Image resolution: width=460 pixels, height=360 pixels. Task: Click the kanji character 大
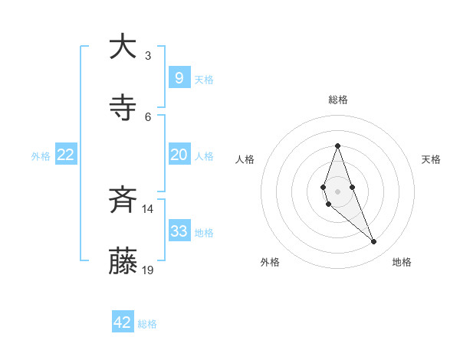(x=123, y=47)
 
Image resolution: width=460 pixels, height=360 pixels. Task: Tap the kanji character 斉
(x=123, y=201)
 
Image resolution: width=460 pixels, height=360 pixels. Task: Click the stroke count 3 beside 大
(x=147, y=56)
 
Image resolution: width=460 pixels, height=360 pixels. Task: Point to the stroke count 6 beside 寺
(x=147, y=116)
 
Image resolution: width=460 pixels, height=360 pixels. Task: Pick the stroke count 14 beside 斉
(x=147, y=209)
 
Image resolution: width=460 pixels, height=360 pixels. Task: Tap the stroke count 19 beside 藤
(x=148, y=270)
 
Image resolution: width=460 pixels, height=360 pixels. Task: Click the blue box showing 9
(x=179, y=77)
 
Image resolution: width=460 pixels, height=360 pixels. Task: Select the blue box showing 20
(x=179, y=155)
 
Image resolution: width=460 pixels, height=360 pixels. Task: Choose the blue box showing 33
(x=179, y=231)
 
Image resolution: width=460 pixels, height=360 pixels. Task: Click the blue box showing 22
(x=66, y=155)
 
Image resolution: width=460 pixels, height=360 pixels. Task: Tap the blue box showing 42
(x=123, y=322)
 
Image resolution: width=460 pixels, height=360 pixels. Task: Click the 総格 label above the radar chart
(x=337, y=100)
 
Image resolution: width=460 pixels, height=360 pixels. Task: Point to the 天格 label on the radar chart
(x=431, y=159)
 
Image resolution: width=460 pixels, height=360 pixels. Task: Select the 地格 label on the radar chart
(x=402, y=262)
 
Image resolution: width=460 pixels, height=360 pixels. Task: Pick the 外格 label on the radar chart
(x=270, y=262)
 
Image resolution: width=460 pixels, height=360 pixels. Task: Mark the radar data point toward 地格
(x=373, y=242)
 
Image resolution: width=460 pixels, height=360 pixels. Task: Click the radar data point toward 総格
(x=337, y=146)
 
